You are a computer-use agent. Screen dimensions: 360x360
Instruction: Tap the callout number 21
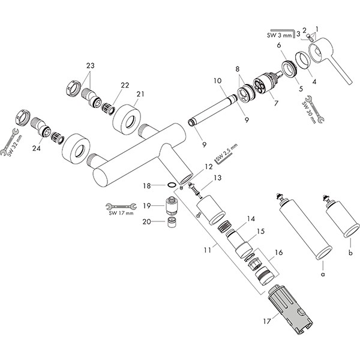point(140,94)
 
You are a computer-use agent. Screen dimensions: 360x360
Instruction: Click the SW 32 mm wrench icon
point(11,137)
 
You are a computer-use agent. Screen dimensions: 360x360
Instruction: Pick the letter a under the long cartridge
point(322,274)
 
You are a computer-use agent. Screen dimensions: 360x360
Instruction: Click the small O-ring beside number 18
point(172,185)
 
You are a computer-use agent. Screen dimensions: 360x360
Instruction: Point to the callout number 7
point(275,104)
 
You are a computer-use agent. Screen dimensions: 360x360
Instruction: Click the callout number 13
point(217,178)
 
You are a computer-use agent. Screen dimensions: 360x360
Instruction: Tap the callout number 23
point(91,65)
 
